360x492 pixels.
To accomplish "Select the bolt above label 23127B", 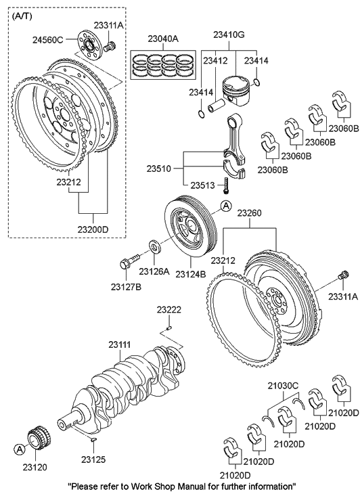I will point(129,262).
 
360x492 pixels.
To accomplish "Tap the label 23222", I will point(169,309).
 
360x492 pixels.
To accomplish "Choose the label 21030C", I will point(282,385).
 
